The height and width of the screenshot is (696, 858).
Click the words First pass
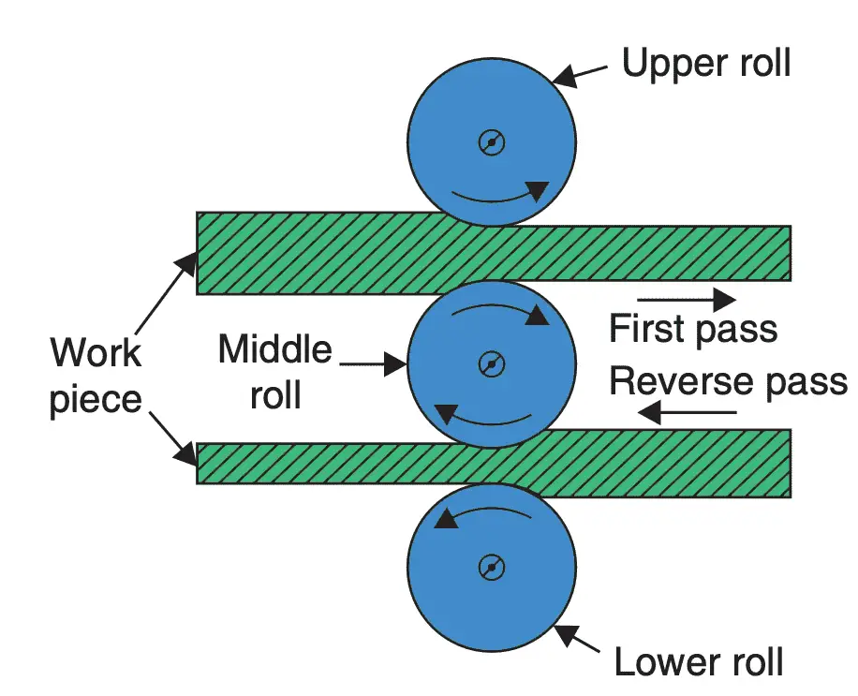(693, 330)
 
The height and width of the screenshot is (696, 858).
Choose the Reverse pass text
(728, 381)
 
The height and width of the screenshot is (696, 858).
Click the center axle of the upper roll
(492, 142)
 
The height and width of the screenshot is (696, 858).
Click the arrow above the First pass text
(687, 300)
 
